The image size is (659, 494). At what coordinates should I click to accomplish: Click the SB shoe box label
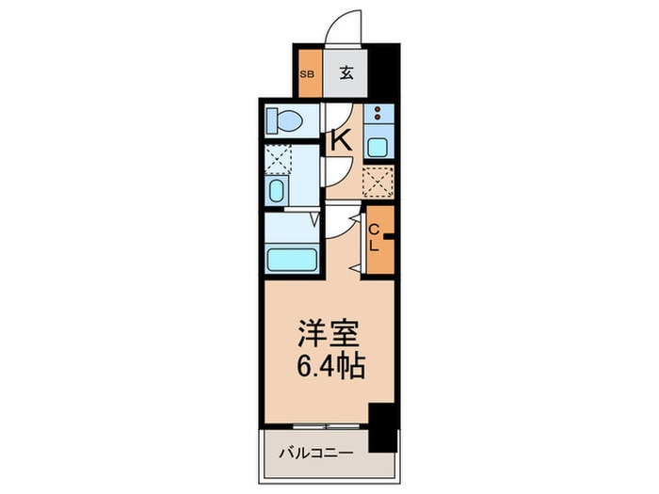307,74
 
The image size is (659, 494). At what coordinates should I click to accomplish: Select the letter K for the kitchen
340,141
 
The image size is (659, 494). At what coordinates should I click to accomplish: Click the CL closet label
374,238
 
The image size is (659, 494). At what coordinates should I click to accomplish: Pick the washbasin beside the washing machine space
277,192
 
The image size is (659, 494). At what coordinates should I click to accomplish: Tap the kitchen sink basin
378,147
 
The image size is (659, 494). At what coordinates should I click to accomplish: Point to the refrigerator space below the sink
378,181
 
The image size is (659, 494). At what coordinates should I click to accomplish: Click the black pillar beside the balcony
382,426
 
